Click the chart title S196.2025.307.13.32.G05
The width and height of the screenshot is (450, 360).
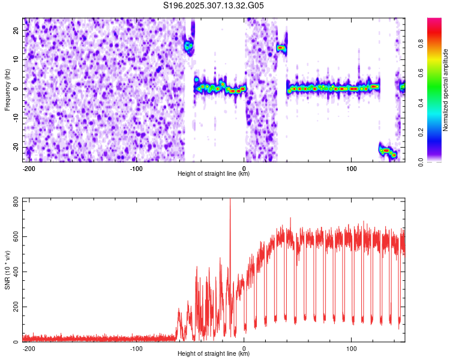tap(214, 5)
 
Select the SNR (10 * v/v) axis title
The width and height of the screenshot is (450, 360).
tap(7, 270)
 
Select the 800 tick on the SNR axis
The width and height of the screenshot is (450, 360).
tap(14, 200)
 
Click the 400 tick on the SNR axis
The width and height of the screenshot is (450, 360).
tap(14, 271)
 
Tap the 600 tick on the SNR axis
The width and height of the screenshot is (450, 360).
tap(14, 236)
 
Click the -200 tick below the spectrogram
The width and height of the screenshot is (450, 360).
tap(28, 168)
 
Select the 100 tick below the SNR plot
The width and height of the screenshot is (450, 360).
tap(351, 348)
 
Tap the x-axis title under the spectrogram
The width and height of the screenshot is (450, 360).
tap(214, 174)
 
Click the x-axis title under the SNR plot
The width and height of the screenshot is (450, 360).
tap(214, 354)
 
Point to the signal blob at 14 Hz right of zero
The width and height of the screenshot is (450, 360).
tap(281, 47)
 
